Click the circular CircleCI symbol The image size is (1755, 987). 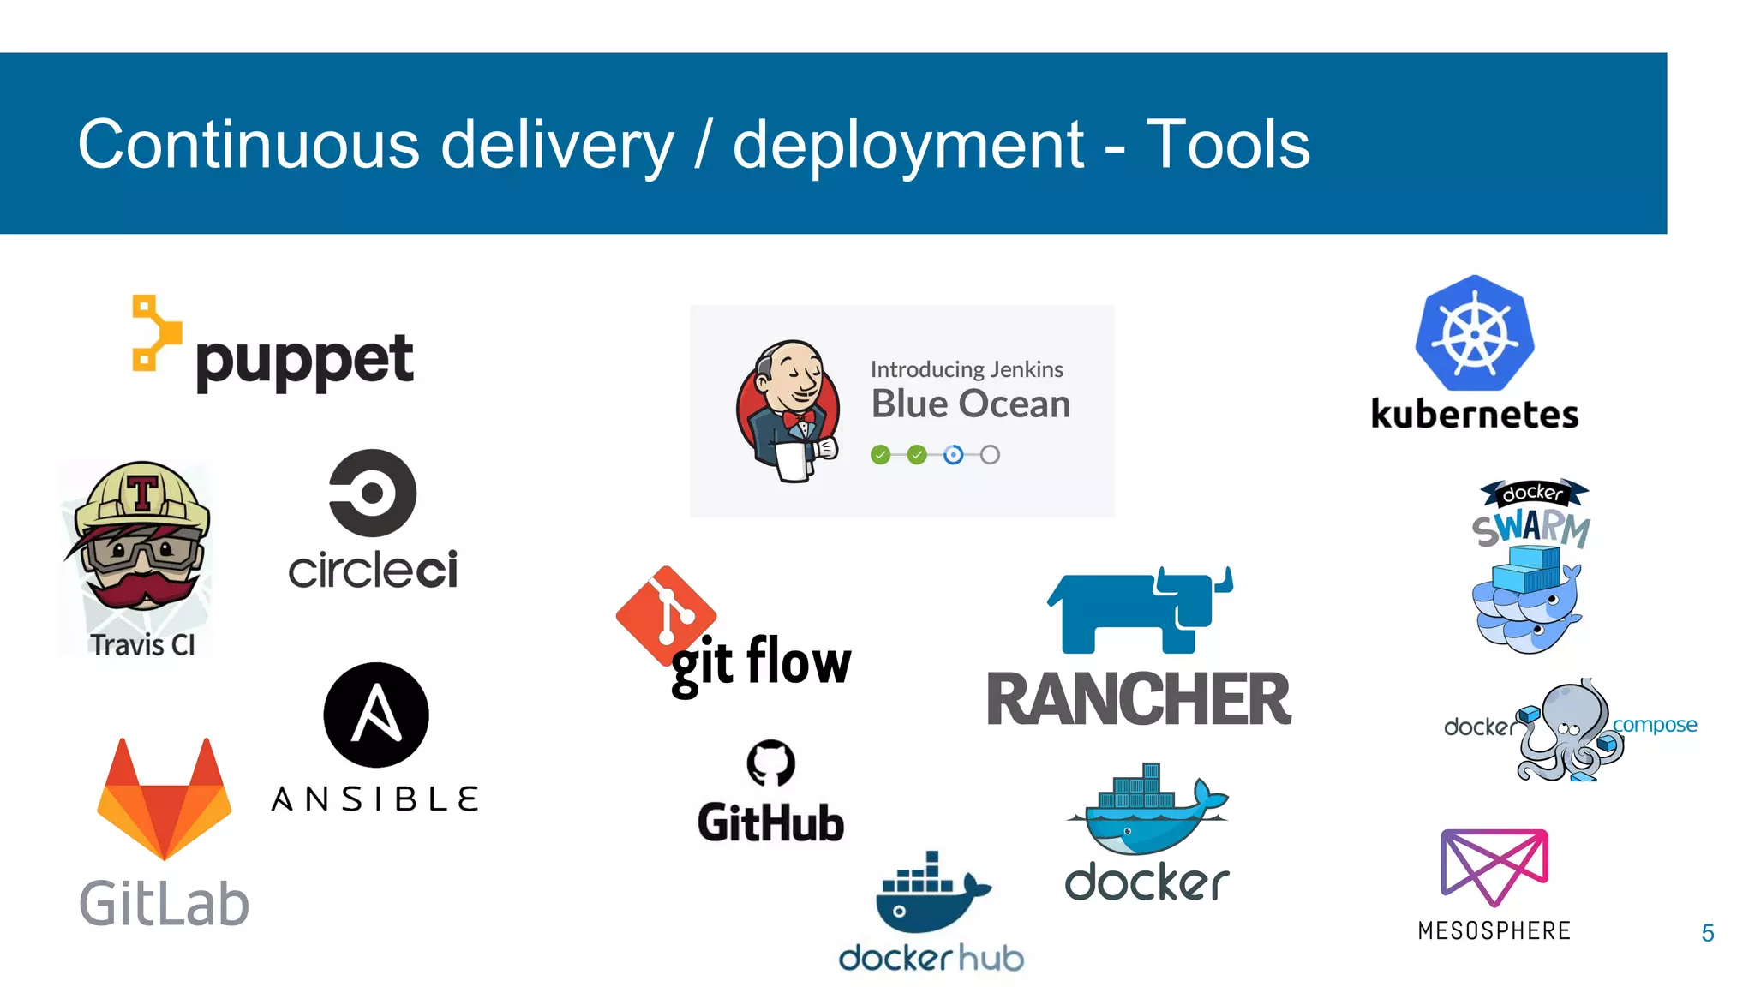373,493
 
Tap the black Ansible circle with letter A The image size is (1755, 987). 376,715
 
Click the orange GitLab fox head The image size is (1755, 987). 164,801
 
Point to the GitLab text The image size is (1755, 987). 164,904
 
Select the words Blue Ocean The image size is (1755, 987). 970,404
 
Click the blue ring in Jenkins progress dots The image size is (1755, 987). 953,455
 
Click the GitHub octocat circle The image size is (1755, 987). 770,763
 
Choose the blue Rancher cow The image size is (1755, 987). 1140,610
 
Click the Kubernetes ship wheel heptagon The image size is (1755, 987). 1474,334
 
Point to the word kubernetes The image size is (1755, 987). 1474,415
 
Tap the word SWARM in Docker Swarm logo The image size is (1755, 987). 1531,527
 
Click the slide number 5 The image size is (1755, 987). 1707,933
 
